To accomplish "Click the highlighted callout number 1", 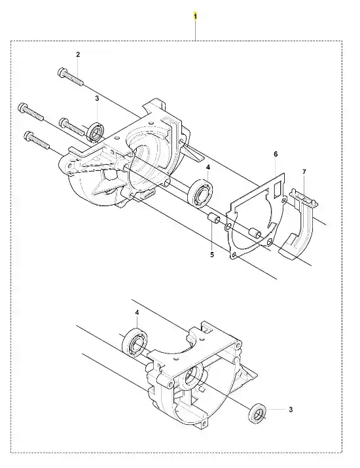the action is (195, 16).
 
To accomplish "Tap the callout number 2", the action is (78, 54).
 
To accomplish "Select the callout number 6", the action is (276, 154).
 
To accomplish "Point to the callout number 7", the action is (304, 172).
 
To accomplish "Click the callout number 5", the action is (212, 255).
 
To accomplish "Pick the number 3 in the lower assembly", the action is (291, 410).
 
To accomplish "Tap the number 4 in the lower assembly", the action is (137, 312).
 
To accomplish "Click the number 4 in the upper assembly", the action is (207, 168).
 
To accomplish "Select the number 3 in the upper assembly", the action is (97, 98).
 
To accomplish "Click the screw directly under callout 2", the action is (70, 77).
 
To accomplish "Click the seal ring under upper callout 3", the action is (96, 132).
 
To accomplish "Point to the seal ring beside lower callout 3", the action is (257, 414).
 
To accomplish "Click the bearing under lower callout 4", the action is (135, 342).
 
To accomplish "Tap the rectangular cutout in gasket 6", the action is (278, 189).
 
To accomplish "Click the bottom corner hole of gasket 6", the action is (234, 255).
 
